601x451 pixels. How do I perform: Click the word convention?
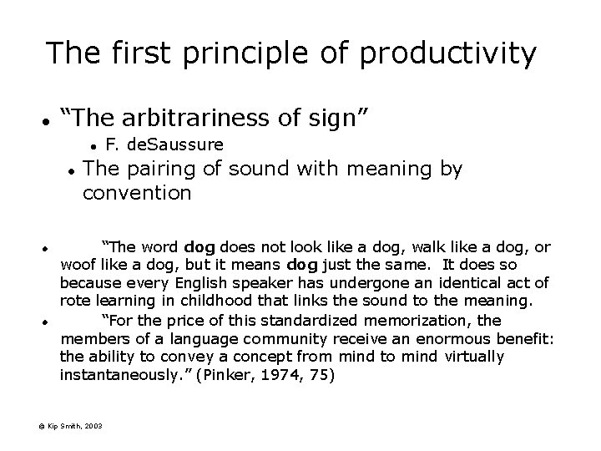click(137, 194)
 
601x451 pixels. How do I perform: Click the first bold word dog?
click(199, 247)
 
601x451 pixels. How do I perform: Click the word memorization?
click(407, 322)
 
